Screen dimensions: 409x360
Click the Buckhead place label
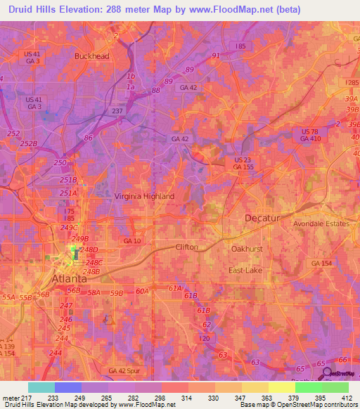coord(93,56)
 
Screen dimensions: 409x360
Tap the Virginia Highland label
coord(144,197)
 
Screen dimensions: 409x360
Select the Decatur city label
coord(262,219)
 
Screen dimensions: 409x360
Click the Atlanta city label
coord(70,278)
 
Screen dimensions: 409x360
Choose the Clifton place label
coord(186,247)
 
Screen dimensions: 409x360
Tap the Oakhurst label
coord(247,249)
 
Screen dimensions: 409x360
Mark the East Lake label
coord(245,270)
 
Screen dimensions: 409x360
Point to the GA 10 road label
coord(131,242)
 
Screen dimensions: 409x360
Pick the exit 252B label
coord(28,143)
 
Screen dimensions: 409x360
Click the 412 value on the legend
coord(348,398)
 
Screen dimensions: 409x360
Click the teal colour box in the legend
coord(41,387)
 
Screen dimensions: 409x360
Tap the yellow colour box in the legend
coord(281,387)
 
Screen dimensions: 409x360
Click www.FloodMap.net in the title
coord(236,10)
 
